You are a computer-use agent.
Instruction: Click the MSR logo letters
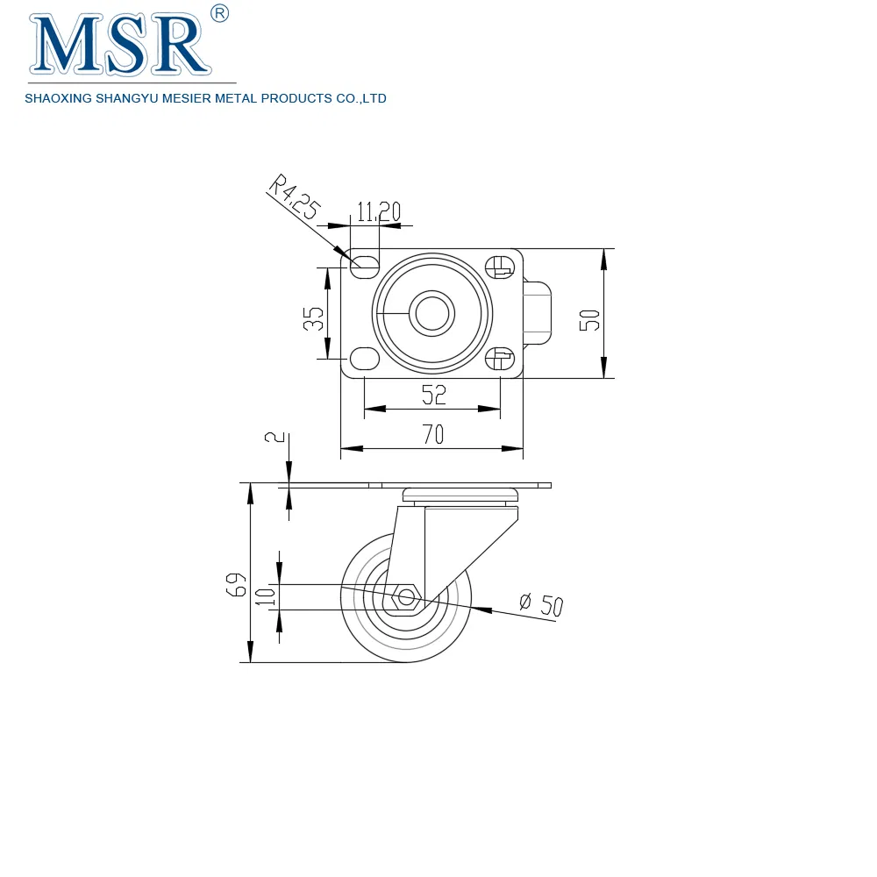[x=120, y=45]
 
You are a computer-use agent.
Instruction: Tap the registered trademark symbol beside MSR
[x=220, y=13]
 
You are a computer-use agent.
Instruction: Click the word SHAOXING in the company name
[x=58, y=98]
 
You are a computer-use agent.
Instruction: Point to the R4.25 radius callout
[x=295, y=196]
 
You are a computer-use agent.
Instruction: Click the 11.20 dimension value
[x=379, y=212]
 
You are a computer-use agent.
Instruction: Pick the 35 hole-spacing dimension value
[x=313, y=319]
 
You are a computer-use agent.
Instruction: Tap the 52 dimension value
[x=434, y=395]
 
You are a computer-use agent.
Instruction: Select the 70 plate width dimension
[x=433, y=435]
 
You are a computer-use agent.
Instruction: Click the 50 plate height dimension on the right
[x=589, y=320]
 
